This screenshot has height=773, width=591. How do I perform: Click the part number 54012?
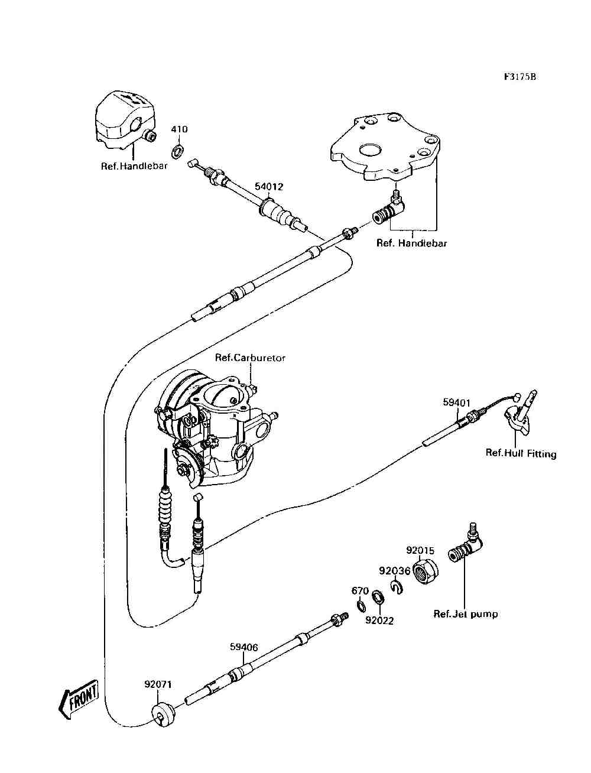[x=269, y=187]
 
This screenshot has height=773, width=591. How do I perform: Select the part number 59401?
[x=457, y=402]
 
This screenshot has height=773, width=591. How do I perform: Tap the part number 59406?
[x=243, y=647]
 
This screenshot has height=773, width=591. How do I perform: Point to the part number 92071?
[x=158, y=685]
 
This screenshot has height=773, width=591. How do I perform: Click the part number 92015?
[x=420, y=550]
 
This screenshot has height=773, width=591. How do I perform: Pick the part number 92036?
[x=394, y=570]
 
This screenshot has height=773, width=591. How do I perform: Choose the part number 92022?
[x=379, y=621]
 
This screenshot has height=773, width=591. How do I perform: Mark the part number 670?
[x=360, y=591]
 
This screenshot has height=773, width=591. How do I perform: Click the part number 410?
[x=179, y=129]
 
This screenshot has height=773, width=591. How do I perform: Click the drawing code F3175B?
[x=520, y=77]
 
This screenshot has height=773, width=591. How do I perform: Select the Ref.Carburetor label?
[x=250, y=358]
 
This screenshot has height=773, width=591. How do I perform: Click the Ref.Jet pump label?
[x=466, y=614]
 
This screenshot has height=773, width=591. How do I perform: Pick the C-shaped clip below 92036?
[x=396, y=586]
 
